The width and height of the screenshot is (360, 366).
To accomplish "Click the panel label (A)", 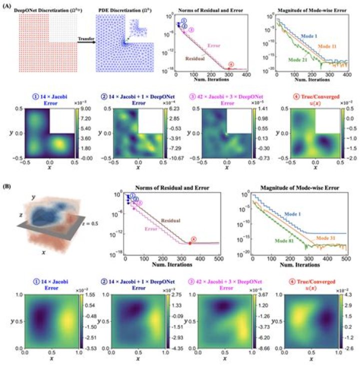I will [x=7, y=4].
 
